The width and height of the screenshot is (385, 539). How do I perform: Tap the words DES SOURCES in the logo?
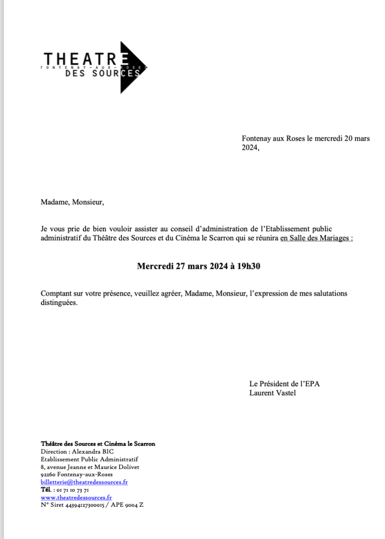click(x=103, y=74)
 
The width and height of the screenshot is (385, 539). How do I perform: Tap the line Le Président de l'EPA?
click(x=284, y=383)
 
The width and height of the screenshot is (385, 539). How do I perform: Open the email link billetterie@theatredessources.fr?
click(x=84, y=482)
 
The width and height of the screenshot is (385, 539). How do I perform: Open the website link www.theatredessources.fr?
click(x=76, y=497)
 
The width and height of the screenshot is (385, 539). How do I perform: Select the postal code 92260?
click(x=48, y=474)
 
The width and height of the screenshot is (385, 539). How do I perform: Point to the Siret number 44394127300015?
click(x=83, y=505)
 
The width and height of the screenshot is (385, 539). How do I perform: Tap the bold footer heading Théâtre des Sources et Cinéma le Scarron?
click(x=98, y=444)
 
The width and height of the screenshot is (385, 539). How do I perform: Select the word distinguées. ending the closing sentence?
click(x=59, y=303)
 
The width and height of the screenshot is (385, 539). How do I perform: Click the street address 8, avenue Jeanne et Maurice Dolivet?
click(x=90, y=467)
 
